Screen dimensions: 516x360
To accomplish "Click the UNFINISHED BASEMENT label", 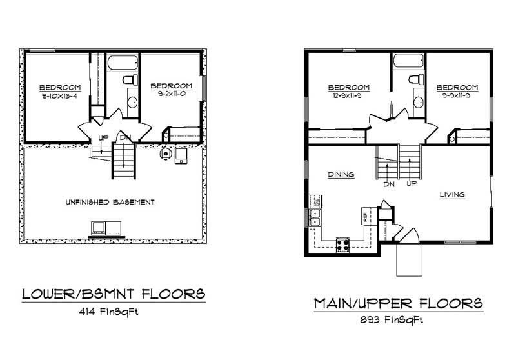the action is (x=110, y=202).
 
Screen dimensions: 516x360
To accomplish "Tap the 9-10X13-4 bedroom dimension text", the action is (x=59, y=96).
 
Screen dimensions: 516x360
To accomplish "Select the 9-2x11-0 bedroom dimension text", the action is (x=172, y=94).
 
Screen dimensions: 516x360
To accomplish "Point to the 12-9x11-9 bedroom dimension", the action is (x=344, y=95).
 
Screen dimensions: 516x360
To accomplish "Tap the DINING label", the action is (x=341, y=174).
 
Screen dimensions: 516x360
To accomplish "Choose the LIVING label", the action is (x=453, y=194).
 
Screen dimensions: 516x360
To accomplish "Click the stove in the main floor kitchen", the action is (x=342, y=245).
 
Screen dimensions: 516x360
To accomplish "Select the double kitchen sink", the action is (x=315, y=218).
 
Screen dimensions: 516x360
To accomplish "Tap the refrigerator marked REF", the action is (x=366, y=216).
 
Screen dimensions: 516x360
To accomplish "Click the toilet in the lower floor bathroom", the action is (x=130, y=79).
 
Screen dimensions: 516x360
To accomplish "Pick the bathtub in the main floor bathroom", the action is (x=408, y=61).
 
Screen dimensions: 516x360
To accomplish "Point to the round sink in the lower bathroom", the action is (x=133, y=103).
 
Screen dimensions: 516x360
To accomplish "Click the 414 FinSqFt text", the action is (x=108, y=312).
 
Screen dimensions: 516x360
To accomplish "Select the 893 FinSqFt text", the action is (x=392, y=319).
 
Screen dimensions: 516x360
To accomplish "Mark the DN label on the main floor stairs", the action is (x=389, y=185).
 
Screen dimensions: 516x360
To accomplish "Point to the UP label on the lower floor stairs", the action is (x=103, y=138).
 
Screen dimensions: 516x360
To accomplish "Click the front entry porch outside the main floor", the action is (x=409, y=259).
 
